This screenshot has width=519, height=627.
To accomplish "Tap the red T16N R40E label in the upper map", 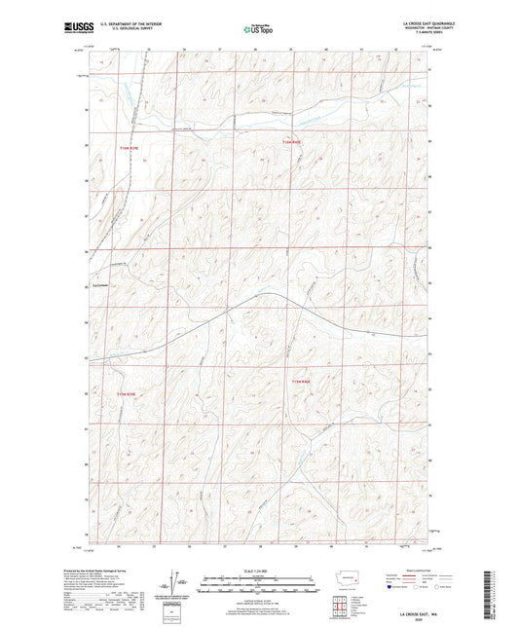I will click(x=293, y=143).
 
